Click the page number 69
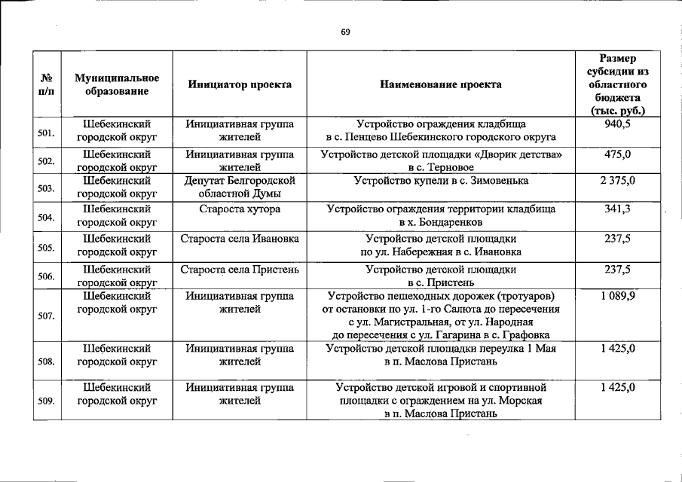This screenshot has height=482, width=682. click(x=345, y=32)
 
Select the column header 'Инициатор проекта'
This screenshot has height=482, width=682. click(x=240, y=84)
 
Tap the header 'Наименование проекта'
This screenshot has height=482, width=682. click(x=441, y=84)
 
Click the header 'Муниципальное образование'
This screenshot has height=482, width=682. click(x=117, y=84)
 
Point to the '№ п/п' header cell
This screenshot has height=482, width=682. click(x=46, y=84)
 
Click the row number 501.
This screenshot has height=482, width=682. click(x=46, y=133)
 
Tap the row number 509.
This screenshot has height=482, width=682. click(x=46, y=401)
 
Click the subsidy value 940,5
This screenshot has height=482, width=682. click(x=617, y=124)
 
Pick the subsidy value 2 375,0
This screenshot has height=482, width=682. click(x=617, y=181)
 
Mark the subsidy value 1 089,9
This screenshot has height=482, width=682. click(x=617, y=296)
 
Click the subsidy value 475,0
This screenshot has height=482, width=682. click(x=617, y=154)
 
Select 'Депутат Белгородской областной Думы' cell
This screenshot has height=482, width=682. click(x=240, y=188)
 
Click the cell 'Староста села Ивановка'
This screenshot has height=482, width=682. click(x=240, y=239)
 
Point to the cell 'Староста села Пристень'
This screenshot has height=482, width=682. click(x=240, y=268)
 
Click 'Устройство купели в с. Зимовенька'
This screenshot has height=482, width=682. click(x=441, y=181)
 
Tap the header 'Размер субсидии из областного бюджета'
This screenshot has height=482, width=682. click(x=617, y=84)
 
